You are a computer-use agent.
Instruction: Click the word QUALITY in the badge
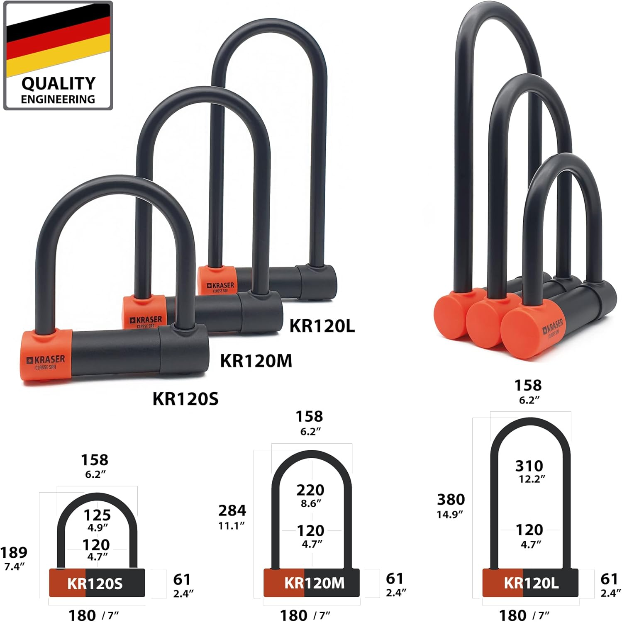click(x=59, y=83)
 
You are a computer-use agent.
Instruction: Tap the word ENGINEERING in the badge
click(x=58, y=100)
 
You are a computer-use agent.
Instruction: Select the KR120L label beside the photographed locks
click(x=322, y=326)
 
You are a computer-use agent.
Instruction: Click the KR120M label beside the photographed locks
click(x=256, y=361)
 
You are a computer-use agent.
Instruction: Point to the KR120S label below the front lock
click(x=185, y=399)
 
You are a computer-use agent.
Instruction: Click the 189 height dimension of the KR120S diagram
click(x=14, y=552)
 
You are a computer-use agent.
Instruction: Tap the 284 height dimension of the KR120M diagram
click(x=232, y=510)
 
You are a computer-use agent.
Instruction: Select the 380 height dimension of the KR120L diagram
click(x=451, y=499)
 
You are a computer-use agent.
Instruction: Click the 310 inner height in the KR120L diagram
click(x=529, y=466)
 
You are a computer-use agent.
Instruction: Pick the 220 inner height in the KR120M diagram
click(x=310, y=490)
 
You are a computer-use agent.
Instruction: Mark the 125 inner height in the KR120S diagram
click(x=97, y=515)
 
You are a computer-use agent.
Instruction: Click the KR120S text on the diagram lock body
click(x=95, y=584)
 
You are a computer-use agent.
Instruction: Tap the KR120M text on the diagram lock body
click(x=314, y=583)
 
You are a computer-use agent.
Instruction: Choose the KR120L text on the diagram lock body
click(x=531, y=583)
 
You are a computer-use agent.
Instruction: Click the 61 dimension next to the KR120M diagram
click(x=395, y=578)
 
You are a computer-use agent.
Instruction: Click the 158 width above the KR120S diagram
click(x=95, y=460)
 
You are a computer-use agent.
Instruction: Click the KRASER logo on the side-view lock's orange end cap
click(x=553, y=327)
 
